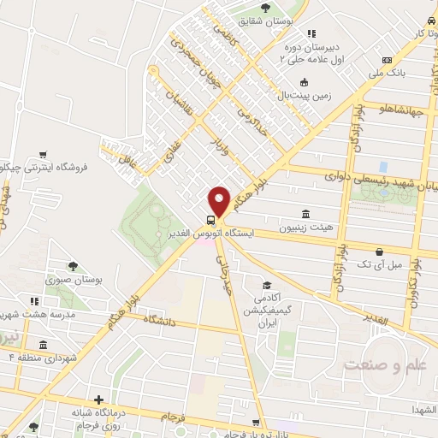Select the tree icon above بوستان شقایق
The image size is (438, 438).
(x=266, y=7)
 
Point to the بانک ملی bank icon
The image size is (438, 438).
(x=388, y=60)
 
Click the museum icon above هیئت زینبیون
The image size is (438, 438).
(x=306, y=214)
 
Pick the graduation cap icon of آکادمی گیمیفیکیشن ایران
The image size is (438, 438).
(x=267, y=285)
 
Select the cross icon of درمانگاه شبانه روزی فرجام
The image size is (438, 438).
(x=100, y=400)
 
